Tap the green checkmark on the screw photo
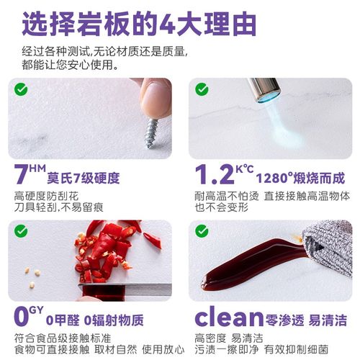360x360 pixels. [19, 91]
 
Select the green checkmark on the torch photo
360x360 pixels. [202, 91]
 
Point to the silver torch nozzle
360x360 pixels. [263, 89]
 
